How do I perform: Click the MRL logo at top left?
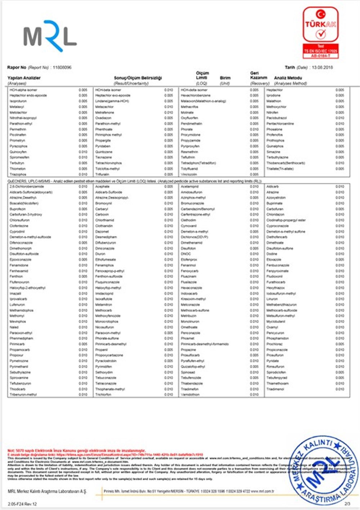[x=50, y=36]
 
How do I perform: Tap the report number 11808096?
[x=62, y=67]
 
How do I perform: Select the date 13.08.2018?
[x=322, y=67]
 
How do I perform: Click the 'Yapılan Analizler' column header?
[x=24, y=78]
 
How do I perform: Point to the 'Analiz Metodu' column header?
[x=288, y=78]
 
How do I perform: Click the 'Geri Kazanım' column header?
[x=258, y=75]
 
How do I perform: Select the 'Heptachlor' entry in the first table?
[x=275, y=90]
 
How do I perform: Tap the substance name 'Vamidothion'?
[x=190, y=394]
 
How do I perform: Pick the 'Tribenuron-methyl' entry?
[x=23, y=394]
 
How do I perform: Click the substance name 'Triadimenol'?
[x=275, y=389]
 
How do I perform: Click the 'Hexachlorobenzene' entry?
[x=195, y=95]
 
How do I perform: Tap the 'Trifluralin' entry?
[x=102, y=174]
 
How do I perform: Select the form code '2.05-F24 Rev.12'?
[x=22, y=504]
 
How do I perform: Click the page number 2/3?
[x=347, y=504]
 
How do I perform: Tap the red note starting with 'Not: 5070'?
[x=76, y=451]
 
